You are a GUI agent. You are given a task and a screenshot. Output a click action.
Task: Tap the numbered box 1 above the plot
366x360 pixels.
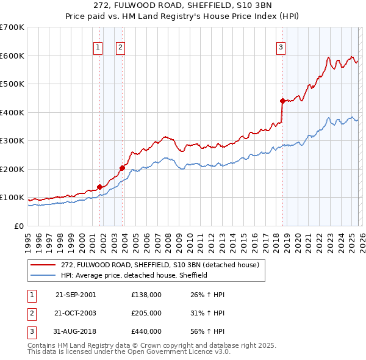click(x=98, y=48)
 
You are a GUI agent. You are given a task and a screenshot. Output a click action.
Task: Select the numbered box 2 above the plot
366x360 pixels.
click(x=120, y=48)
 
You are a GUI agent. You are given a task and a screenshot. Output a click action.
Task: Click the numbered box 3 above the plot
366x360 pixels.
click(x=281, y=48)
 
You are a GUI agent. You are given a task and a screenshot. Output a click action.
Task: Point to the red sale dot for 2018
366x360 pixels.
click(x=282, y=101)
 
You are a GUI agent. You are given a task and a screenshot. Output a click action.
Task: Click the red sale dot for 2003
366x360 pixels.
click(x=122, y=167)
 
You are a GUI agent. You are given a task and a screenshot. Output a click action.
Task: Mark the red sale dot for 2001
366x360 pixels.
click(x=99, y=187)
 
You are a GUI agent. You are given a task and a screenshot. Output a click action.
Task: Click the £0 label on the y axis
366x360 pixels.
click(x=18, y=226)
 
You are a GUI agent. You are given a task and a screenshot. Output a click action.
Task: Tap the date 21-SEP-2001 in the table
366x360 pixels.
click(x=76, y=295)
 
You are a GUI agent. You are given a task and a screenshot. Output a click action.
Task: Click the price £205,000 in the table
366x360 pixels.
click(x=146, y=313)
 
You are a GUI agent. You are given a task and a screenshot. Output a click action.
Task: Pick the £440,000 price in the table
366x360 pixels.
click(x=146, y=331)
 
